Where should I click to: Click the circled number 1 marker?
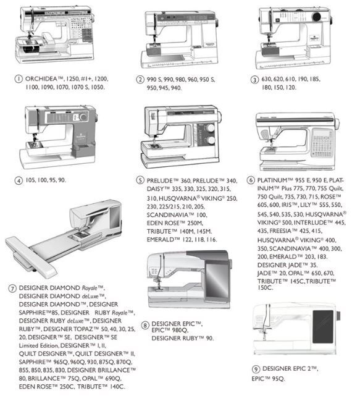click(x=19, y=79)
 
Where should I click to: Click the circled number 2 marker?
click(x=141, y=80)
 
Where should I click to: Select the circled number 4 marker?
click(x=19, y=180)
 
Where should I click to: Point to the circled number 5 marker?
click(x=140, y=180)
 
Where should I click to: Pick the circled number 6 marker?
click(x=251, y=180)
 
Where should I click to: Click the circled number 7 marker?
click(x=12, y=288)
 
